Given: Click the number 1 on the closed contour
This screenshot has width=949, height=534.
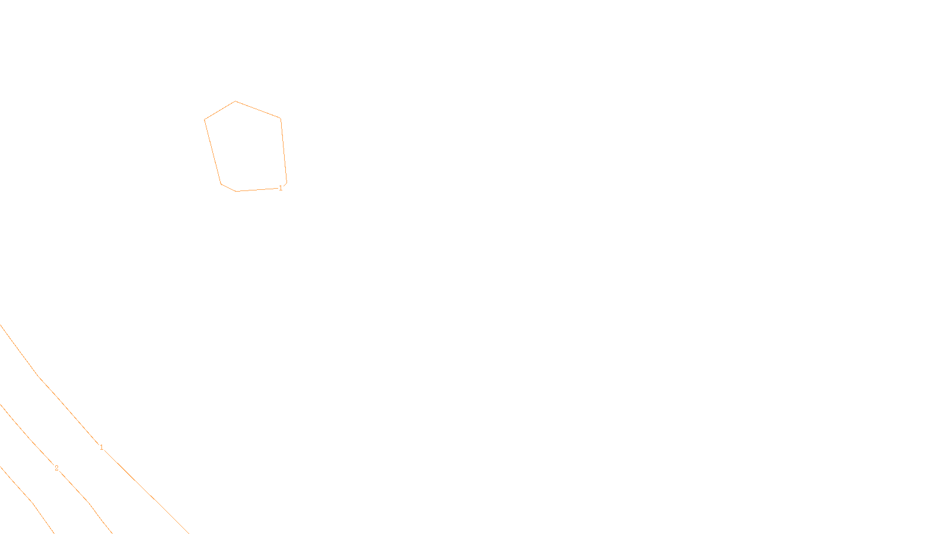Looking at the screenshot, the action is (x=281, y=188).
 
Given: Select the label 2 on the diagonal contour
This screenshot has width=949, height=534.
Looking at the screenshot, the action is (x=56, y=468).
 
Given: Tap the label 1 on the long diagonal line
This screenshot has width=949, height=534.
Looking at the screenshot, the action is (x=101, y=447).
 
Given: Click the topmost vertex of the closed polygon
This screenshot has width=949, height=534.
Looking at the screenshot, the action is (x=235, y=101).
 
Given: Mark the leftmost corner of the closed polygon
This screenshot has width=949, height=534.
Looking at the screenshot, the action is (x=205, y=120).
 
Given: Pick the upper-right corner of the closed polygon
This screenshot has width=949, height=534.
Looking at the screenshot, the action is (x=281, y=118).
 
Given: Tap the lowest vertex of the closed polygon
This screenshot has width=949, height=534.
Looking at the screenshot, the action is (x=237, y=191).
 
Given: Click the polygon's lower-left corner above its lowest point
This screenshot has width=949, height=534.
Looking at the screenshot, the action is (x=221, y=183).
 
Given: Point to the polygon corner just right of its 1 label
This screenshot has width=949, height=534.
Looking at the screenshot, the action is (x=286, y=183).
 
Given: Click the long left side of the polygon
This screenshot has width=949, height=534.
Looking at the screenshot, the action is (x=213, y=152).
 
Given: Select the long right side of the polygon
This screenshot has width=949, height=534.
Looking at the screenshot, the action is (x=284, y=151).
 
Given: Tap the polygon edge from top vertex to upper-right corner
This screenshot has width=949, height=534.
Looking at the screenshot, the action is (x=258, y=110).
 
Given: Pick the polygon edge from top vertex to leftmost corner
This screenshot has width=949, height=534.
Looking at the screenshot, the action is (x=220, y=110).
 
